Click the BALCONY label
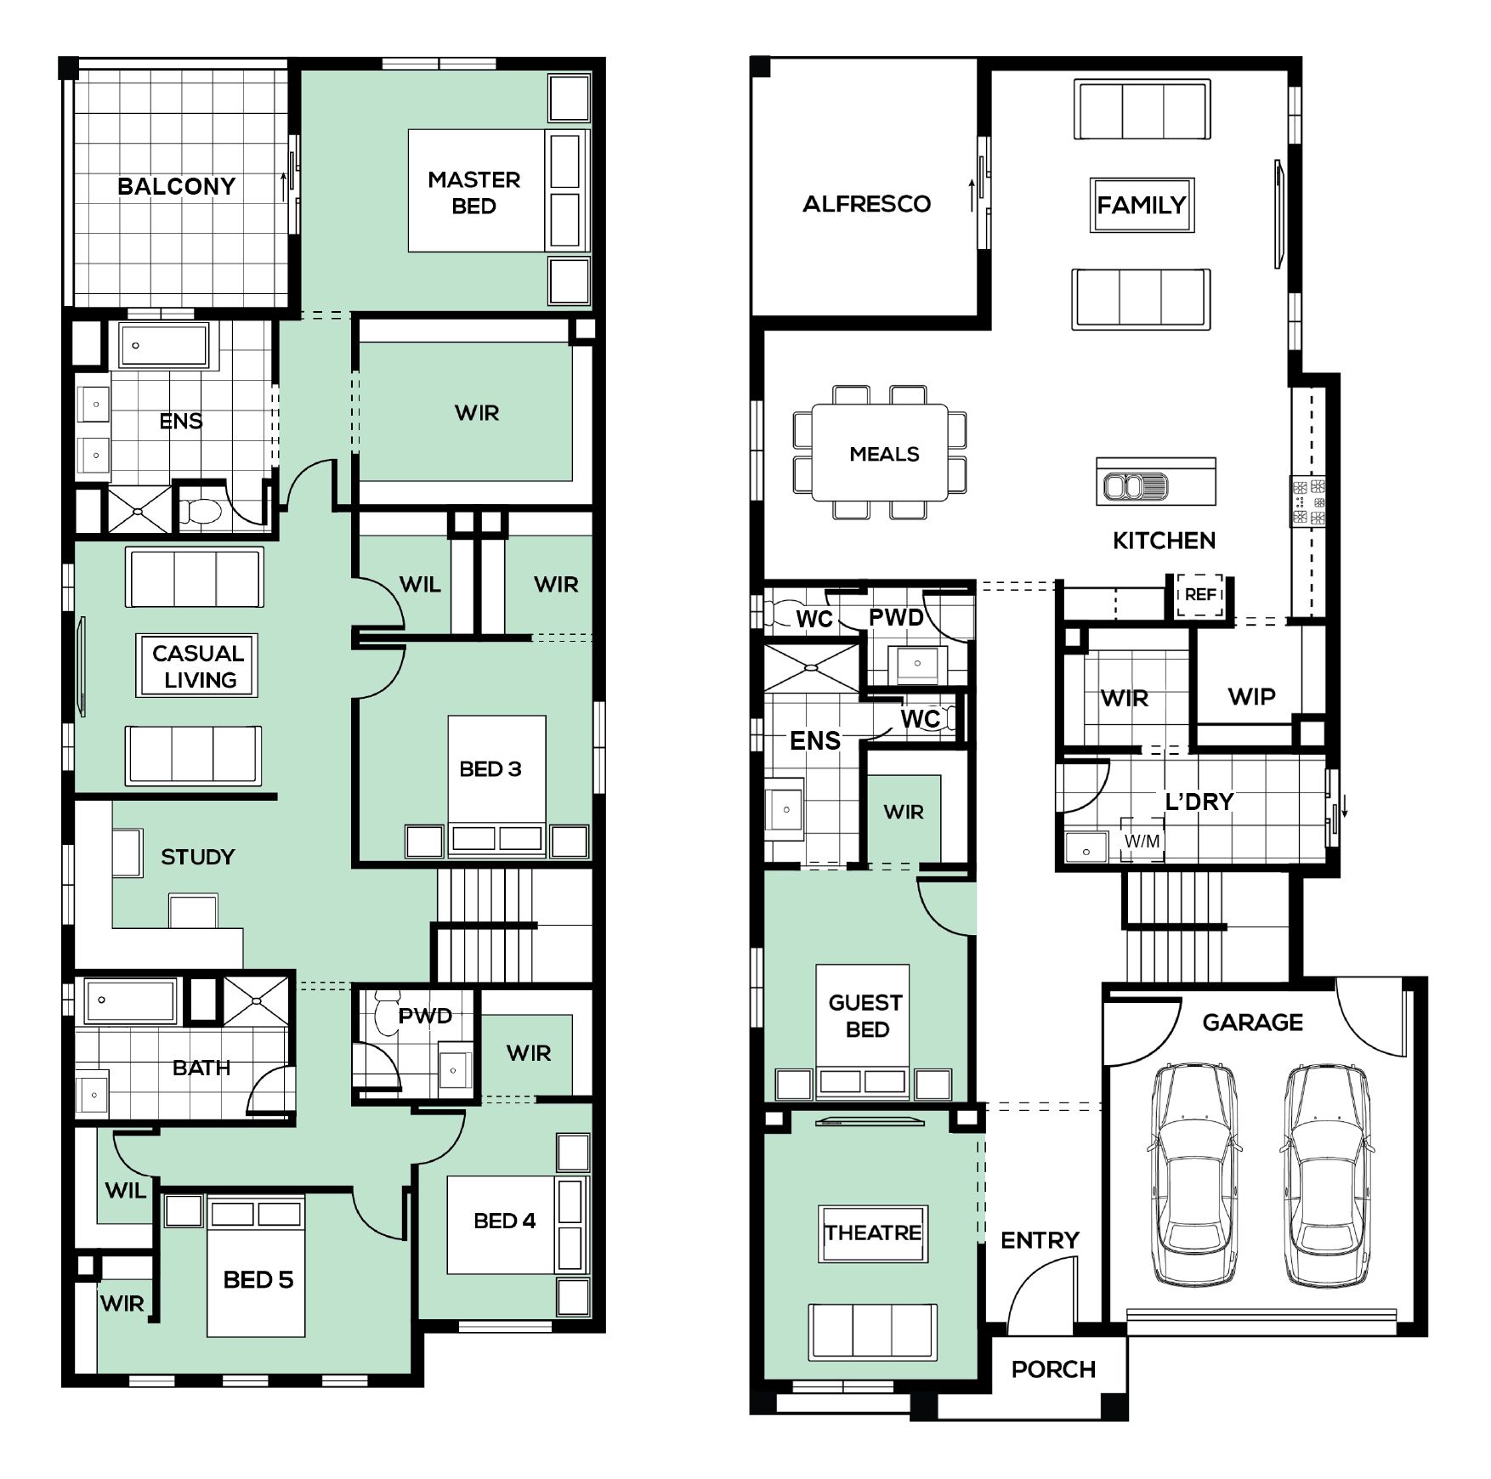[176, 186]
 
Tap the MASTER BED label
[474, 193]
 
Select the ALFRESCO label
[867, 204]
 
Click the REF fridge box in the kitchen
[1199, 595]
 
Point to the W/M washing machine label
[1142, 841]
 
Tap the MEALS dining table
[880, 452]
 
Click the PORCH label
[1053, 1369]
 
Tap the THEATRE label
[873, 1232]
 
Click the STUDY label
[198, 857]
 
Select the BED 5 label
[258, 1280]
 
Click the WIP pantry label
[1251, 697]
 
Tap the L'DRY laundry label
[1199, 801]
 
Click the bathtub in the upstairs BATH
[131, 1000]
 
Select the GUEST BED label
[866, 1016]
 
